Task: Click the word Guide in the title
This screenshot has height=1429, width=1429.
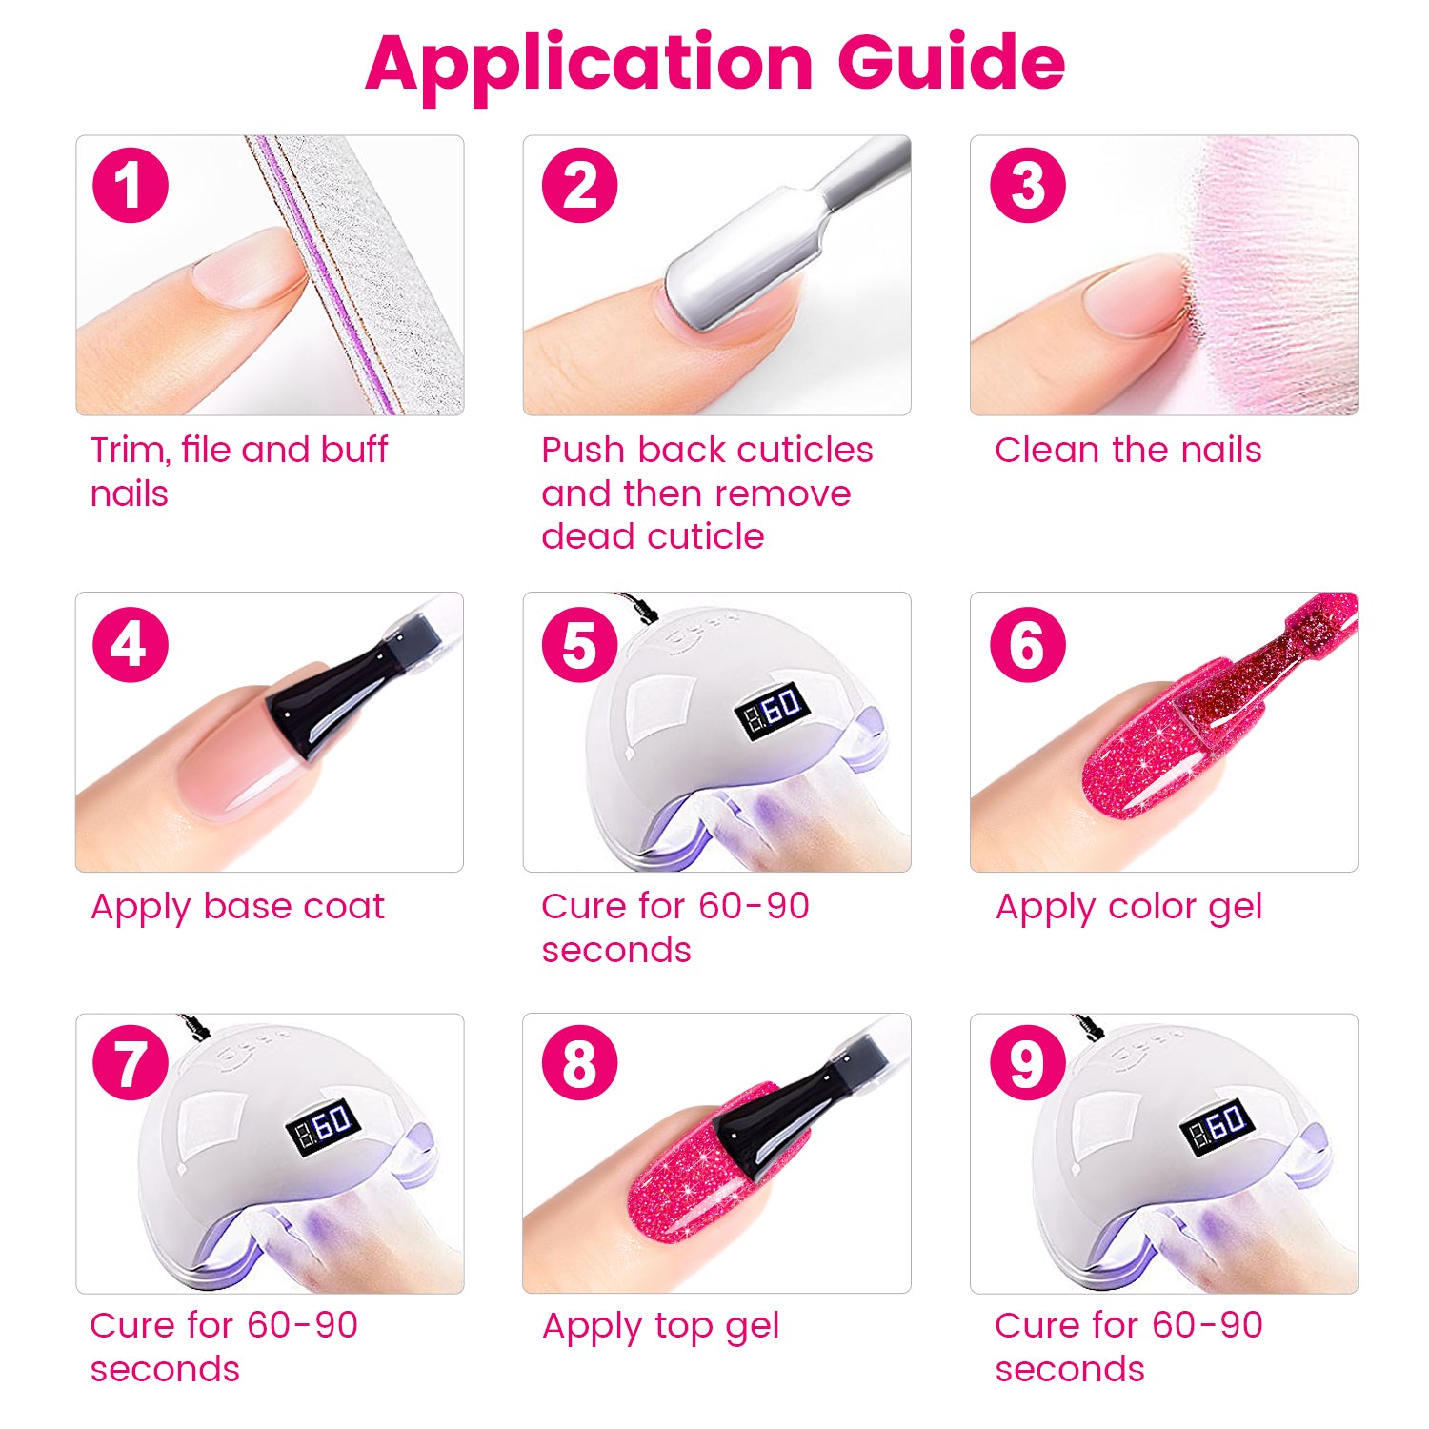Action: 951,61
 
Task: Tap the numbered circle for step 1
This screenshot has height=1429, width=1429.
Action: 131,185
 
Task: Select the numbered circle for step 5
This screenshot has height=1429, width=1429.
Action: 580,644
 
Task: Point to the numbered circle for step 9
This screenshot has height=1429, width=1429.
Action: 1028,1062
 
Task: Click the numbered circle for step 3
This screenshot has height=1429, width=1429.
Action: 1028,185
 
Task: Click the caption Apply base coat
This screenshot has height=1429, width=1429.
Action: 237,908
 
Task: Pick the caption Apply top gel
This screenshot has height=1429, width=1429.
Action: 661,1327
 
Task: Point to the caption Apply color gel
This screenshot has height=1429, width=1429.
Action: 1129,908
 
